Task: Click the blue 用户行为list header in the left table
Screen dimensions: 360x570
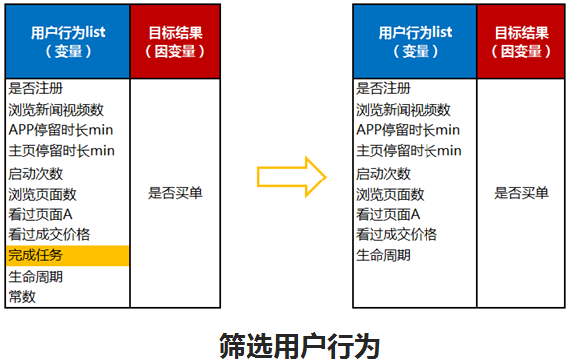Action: click(67, 42)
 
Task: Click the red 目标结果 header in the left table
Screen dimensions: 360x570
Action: click(173, 42)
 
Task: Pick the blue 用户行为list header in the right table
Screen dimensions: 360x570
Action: click(415, 42)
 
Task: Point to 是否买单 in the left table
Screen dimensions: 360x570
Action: click(174, 193)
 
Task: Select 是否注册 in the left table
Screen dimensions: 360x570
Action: click(35, 88)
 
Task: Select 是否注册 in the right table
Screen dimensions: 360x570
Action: click(383, 88)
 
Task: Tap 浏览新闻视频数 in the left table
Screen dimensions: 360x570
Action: click(56, 109)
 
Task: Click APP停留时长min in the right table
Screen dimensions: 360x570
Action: click(409, 130)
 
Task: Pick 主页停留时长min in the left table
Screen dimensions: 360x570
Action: click(61, 151)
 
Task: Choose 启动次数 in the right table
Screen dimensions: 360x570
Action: click(383, 173)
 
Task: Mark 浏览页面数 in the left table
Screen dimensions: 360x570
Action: click(42, 193)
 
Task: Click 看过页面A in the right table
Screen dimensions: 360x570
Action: click(388, 214)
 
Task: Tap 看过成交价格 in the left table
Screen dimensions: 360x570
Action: click(49, 234)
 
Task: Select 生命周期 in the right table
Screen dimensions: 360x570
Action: click(383, 255)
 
